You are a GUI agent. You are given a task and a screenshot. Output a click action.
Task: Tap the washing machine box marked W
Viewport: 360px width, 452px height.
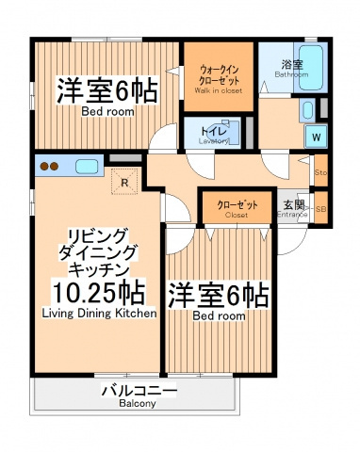[x=316, y=137]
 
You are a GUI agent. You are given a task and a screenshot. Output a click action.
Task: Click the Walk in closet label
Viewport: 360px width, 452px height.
[x=218, y=91]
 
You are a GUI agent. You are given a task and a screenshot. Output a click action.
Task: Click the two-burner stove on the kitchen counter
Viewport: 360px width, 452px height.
[x=50, y=168]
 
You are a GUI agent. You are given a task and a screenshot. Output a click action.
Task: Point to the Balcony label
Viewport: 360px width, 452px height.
[x=137, y=404]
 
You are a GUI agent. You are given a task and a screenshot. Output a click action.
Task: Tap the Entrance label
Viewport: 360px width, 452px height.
[x=293, y=215]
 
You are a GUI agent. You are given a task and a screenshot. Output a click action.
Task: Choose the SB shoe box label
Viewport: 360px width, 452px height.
[x=320, y=209]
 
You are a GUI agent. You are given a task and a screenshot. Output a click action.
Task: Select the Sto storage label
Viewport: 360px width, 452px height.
[x=320, y=173]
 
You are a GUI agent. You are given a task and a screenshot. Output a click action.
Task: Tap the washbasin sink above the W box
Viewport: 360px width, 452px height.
[x=309, y=111]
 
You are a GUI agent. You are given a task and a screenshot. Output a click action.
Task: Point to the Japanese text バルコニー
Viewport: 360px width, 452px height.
[x=138, y=390]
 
